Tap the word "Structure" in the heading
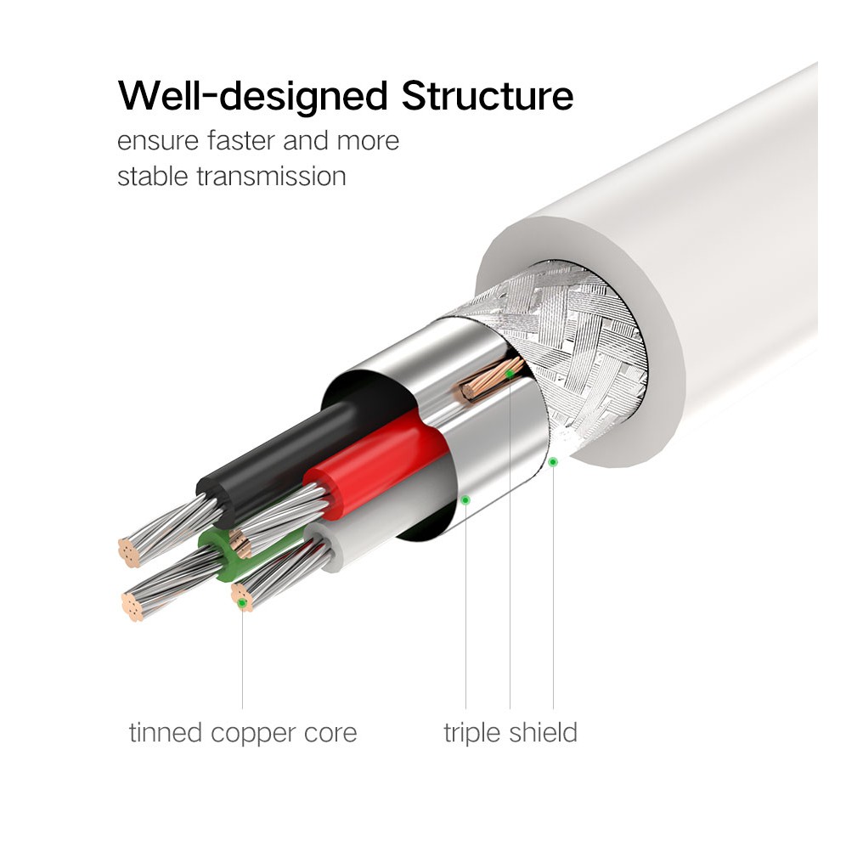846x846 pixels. point(488,95)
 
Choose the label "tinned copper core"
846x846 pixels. point(243,732)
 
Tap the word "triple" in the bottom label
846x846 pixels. point(472,732)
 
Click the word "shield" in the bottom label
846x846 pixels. point(543,732)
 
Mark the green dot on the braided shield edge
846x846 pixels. point(553,461)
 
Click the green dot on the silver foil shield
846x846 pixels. point(465,499)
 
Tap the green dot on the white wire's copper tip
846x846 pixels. point(243,602)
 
